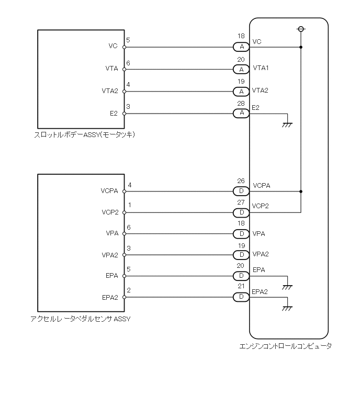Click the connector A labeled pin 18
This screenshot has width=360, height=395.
[x=241, y=47]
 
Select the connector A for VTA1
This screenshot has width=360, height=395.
[x=241, y=69]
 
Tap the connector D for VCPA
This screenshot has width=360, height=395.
[x=241, y=191]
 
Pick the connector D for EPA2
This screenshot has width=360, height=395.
[x=241, y=297]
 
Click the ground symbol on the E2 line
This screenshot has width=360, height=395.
[x=287, y=124]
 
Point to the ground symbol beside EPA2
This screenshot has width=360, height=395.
[x=287, y=308]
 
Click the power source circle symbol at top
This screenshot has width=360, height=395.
[x=301, y=28]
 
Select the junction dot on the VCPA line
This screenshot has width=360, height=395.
[x=301, y=191]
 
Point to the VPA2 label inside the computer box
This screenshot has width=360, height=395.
[x=261, y=255]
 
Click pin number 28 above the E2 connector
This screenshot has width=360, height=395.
[x=241, y=105]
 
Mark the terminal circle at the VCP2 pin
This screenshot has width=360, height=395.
[x=124, y=212]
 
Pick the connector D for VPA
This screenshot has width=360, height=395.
[x=241, y=233]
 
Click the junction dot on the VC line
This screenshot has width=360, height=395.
[x=301, y=47]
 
